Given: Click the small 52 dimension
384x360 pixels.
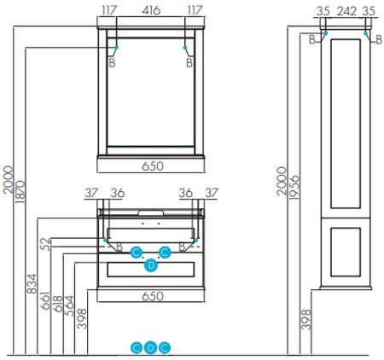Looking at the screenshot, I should click(45, 244).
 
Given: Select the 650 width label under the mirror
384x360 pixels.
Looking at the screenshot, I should click(150, 167).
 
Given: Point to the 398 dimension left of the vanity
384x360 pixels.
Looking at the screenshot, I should click(81, 318).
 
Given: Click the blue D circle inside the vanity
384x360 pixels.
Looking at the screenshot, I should click(151, 265).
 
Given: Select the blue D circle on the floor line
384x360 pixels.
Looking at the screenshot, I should click(151, 347).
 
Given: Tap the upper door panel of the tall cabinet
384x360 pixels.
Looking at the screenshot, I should click(346, 125).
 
